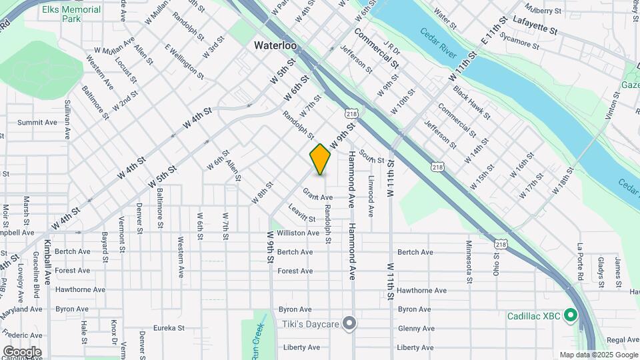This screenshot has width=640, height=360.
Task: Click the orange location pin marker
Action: pyautogui.click(x=320, y=159)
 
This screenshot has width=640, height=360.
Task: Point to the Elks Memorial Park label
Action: pyautogui.click(x=71, y=15)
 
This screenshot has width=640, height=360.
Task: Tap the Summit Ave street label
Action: pyautogui.click(x=37, y=123)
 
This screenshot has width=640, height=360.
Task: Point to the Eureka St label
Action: pyautogui.click(x=167, y=328)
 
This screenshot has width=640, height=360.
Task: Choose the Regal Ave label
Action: pyautogui.click(x=623, y=340)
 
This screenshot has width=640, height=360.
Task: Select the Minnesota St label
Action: pyautogui.click(x=469, y=261)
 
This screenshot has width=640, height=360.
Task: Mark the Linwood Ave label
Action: pyautogui.click(x=371, y=196)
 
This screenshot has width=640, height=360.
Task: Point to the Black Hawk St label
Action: pyautogui.click(x=471, y=102)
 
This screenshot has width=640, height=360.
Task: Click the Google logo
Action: pyautogui.click(x=22, y=351)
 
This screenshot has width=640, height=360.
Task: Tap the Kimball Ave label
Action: pyautogui.click(x=48, y=263)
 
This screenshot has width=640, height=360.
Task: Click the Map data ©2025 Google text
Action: pyautogui.click(x=597, y=355)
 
